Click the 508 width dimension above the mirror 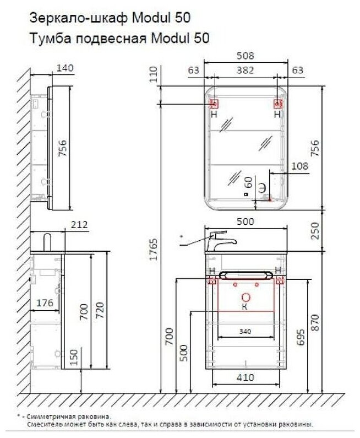pyautogui.click(x=246, y=56)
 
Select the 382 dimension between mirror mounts pyautogui.click(x=246, y=70)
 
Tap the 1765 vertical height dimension pyautogui.click(x=153, y=249)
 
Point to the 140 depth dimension pyautogui.click(x=65, y=68)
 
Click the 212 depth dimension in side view pyautogui.click(x=79, y=225)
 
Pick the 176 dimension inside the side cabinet pyautogui.click(x=45, y=303)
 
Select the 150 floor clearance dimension pyautogui.click(x=74, y=357)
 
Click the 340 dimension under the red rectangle pyautogui.click(x=245, y=332)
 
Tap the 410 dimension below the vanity pyautogui.click(x=246, y=377)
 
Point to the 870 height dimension pyautogui.click(x=315, y=323)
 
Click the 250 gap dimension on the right pyautogui.click(x=315, y=231)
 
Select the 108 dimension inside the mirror pyautogui.click(x=299, y=166)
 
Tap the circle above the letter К pyautogui.click(x=246, y=297)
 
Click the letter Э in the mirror pyautogui.click(x=262, y=188)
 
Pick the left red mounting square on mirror pyautogui.click(x=214, y=104)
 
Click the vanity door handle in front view pyautogui.click(x=246, y=275)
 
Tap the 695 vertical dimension pyautogui.click(x=301, y=337)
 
